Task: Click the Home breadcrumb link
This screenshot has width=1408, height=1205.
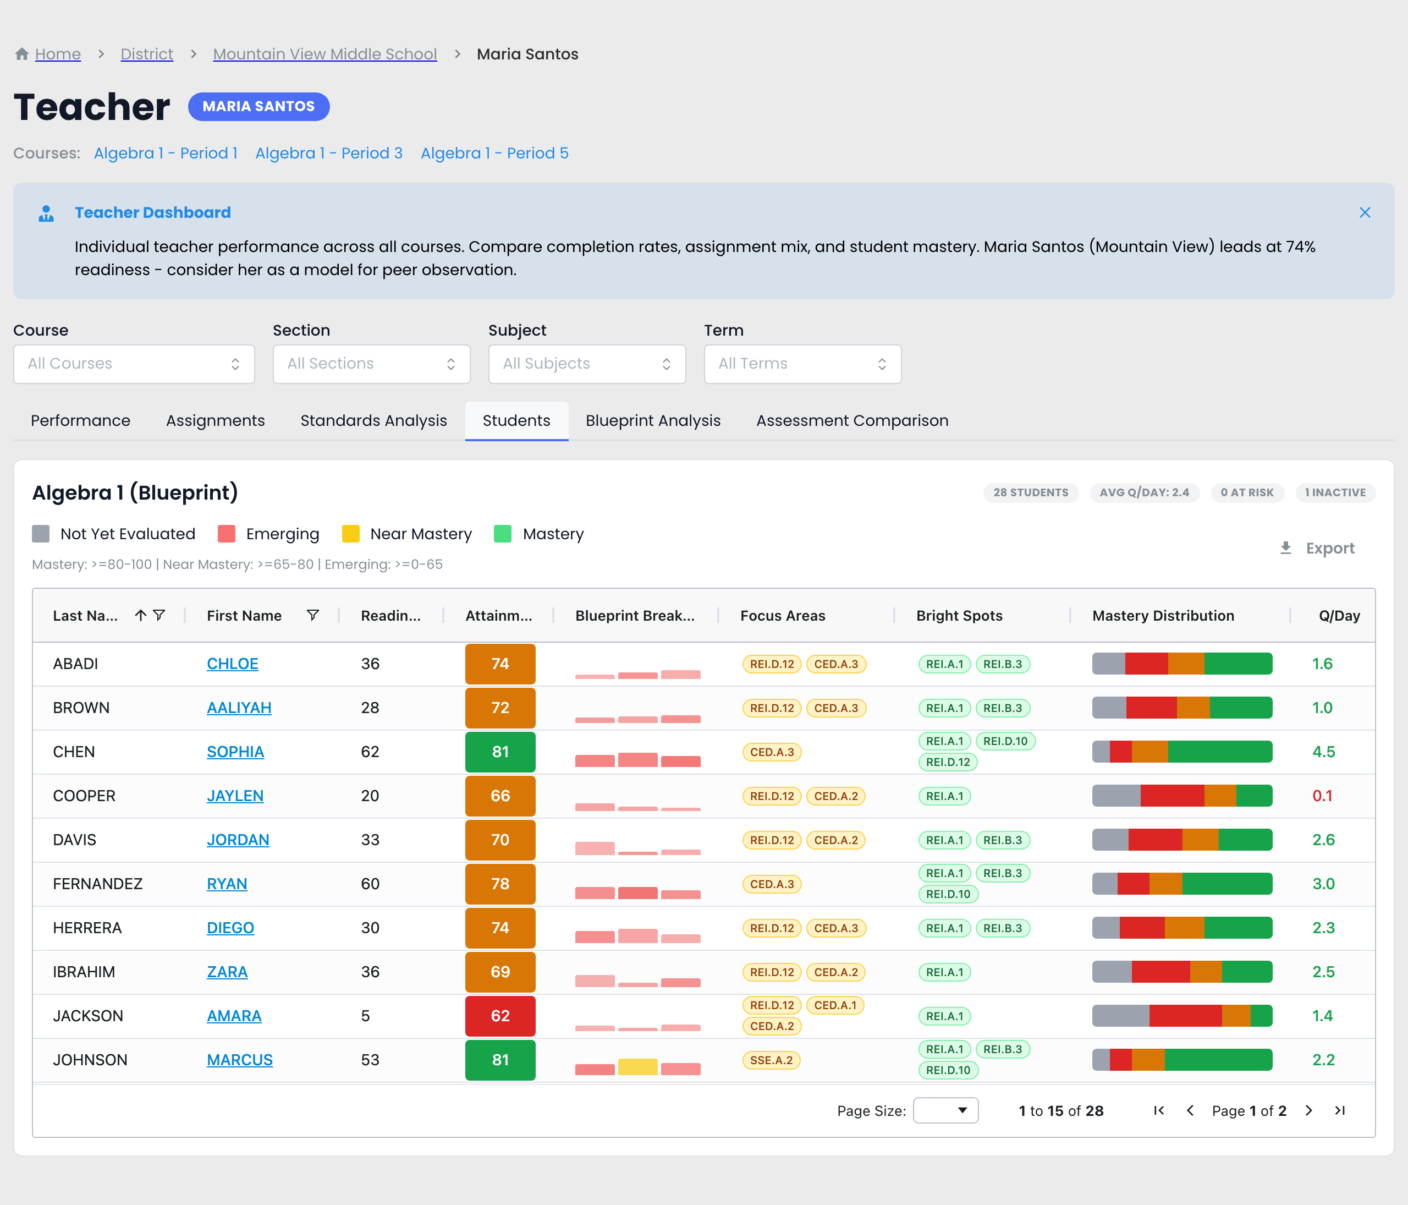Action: click(x=58, y=54)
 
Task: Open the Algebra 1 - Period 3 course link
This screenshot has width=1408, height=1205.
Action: click(x=329, y=154)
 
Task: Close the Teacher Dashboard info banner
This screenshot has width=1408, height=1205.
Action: click(x=1365, y=213)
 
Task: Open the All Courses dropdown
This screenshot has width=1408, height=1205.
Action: click(x=134, y=364)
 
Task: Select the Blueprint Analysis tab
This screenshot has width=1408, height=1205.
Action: click(x=653, y=421)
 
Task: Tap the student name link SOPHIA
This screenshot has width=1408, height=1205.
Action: click(x=235, y=752)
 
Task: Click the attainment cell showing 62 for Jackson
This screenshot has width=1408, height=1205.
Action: click(x=500, y=1016)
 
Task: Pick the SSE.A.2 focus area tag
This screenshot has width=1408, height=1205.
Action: click(x=771, y=1060)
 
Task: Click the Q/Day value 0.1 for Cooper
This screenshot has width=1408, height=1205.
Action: click(x=1322, y=796)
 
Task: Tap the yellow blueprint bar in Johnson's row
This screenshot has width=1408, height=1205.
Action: click(x=637, y=1067)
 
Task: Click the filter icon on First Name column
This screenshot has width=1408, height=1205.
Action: click(x=312, y=616)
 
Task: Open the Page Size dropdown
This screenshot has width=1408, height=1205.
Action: click(x=945, y=1110)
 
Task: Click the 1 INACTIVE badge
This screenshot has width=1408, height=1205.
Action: click(x=1335, y=493)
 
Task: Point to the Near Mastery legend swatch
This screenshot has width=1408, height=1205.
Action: click(x=351, y=534)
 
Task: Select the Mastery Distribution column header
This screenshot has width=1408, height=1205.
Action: click(x=1163, y=616)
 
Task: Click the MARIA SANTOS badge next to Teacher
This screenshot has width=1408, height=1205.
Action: click(x=259, y=107)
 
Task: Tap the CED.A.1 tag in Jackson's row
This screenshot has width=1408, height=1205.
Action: click(x=835, y=1005)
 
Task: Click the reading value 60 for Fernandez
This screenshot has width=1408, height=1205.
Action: click(x=370, y=884)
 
